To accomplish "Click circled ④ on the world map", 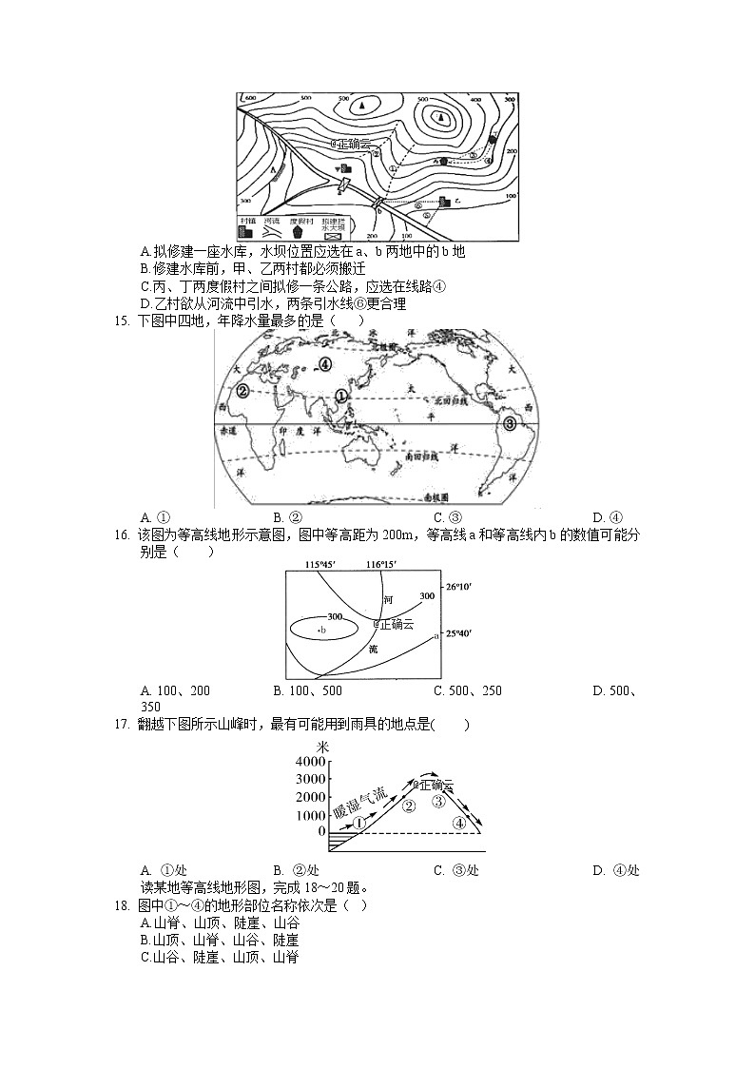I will [x=325, y=363].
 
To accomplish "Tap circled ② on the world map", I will [x=242, y=391].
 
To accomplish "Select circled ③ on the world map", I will [x=511, y=424].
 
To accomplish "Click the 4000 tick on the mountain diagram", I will [x=310, y=763].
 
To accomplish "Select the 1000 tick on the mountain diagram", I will [x=310, y=815].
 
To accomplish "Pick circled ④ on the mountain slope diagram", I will [x=459, y=823].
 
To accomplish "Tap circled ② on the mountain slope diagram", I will [x=409, y=807].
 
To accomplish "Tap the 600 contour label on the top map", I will [x=250, y=98].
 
